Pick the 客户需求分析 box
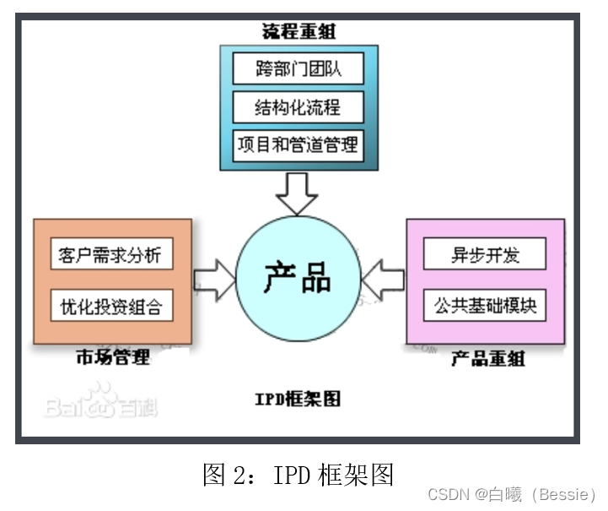pos(111,254)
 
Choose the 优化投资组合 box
pos(111,305)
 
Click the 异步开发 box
pos(484,254)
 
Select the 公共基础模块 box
pos(484,305)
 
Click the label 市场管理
pos(112,356)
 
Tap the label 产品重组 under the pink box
pos(487,358)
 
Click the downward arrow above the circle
pos(297,193)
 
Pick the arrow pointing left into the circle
pos(384,278)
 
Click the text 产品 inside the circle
pos(297,276)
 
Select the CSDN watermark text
pos(447,493)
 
